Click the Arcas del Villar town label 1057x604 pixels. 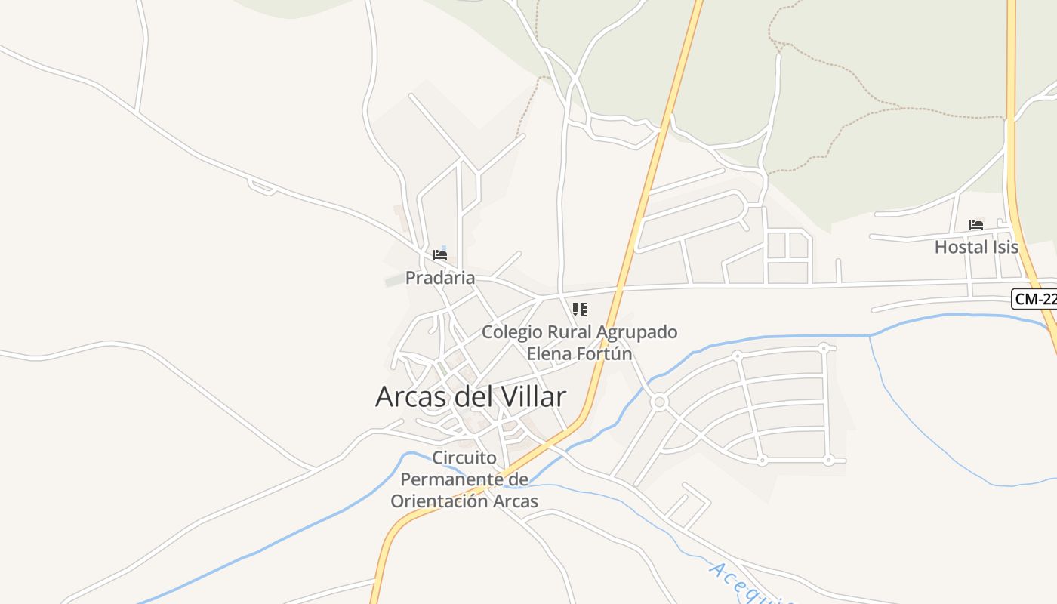point(470,396)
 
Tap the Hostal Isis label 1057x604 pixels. point(976,247)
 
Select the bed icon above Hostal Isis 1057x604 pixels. point(976,224)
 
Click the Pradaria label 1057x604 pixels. point(440,278)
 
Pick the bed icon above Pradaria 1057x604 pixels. point(440,255)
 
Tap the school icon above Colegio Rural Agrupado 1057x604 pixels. point(580,310)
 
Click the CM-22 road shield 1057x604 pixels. point(1034,299)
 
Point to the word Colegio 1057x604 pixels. point(511,332)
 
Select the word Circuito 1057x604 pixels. point(464,458)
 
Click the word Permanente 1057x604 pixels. point(452,479)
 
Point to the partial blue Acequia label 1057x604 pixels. point(751,585)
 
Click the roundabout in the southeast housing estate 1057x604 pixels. point(659,402)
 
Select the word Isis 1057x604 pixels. point(1004,247)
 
